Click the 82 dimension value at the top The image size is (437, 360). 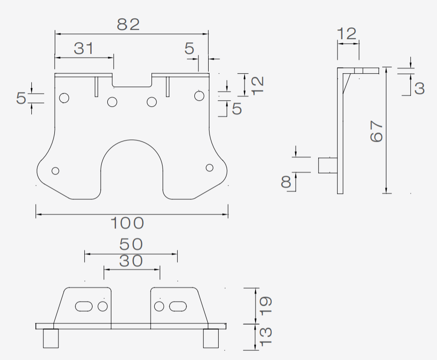(128, 24)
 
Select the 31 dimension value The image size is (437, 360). (84, 48)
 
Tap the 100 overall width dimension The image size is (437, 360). (128, 223)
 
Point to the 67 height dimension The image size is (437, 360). (376, 131)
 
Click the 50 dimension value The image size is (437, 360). (131, 244)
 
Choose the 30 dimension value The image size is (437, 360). (131, 261)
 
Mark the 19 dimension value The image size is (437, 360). (266, 306)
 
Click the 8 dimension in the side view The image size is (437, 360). (286, 182)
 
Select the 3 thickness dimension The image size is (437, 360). (420, 88)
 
